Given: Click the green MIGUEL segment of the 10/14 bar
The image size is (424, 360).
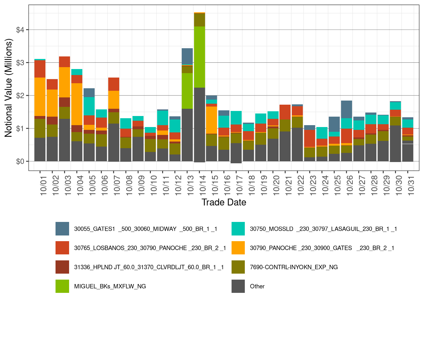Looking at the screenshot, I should click(199, 57).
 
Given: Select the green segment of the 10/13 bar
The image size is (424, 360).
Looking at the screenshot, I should click(187, 91).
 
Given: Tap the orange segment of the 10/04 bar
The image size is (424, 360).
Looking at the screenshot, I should click(77, 104).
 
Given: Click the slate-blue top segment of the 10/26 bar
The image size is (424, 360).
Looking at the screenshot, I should click(346, 109).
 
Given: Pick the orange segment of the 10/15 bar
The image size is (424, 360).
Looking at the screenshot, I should click(211, 120).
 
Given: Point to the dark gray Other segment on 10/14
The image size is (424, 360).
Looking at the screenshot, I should click(199, 125).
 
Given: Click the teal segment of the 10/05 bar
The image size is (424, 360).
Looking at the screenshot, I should click(89, 106).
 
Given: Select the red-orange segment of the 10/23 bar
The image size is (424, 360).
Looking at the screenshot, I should click(309, 138).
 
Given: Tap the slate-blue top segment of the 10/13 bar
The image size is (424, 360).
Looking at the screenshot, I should click(187, 56).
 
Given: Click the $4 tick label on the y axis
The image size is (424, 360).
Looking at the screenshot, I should click(20, 30).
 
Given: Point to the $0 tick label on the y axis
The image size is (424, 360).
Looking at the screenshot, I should click(20, 161).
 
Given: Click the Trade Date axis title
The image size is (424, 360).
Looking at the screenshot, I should click(224, 202).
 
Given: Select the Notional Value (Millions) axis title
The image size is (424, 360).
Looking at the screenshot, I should click(9, 88).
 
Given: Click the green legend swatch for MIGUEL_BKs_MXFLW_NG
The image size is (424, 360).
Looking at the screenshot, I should click(62, 286).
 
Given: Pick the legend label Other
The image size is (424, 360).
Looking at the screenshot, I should click(257, 286).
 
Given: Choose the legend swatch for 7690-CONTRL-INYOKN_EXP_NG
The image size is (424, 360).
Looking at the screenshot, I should click(238, 267).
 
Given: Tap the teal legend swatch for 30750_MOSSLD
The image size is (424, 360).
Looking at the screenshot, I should click(238, 229).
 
